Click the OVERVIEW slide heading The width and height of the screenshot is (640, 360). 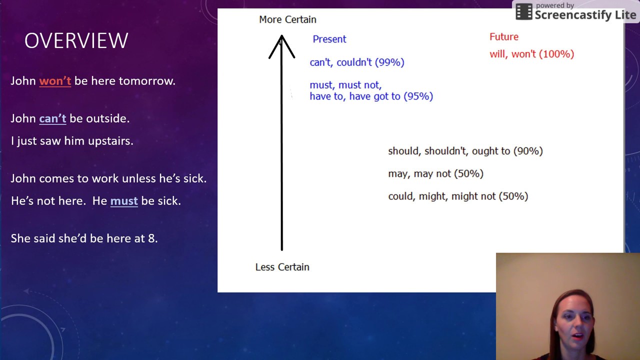click(76, 41)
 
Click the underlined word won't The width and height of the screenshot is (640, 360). click(55, 81)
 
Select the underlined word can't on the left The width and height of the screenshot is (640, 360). click(52, 118)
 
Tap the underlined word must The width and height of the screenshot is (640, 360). click(124, 201)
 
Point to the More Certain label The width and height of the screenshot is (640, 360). click(287, 19)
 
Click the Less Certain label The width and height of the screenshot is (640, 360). click(282, 267)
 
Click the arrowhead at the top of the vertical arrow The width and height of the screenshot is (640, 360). click(281, 42)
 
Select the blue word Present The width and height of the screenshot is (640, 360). click(329, 39)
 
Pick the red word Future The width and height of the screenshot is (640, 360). click(503, 37)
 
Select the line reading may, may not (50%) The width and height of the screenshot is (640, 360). click(435, 173)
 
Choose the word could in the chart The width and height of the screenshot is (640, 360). click(400, 196)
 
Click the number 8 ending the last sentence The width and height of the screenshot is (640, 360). click(152, 238)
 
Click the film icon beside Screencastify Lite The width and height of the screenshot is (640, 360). click(523, 12)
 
